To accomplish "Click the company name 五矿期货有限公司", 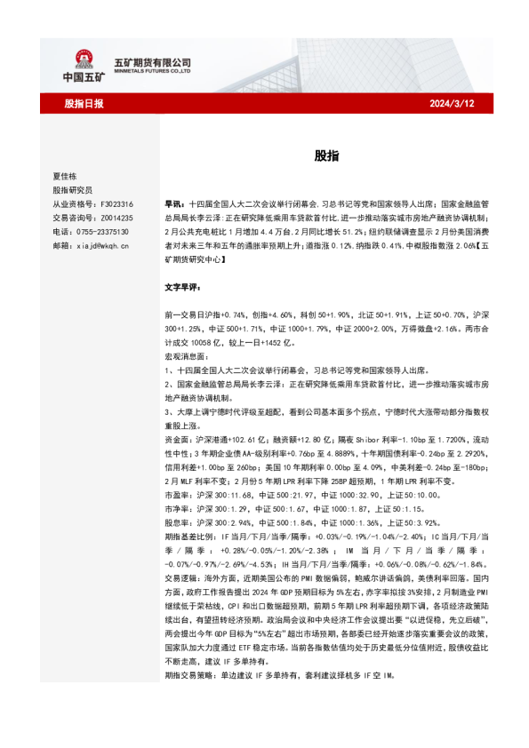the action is (x=153, y=61).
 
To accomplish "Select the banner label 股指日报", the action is (x=84, y=103).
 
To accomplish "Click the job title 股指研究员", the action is (x=72, y=190).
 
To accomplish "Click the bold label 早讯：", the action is (x=175, y=203).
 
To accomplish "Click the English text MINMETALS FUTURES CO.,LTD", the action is (x=153, y=73).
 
